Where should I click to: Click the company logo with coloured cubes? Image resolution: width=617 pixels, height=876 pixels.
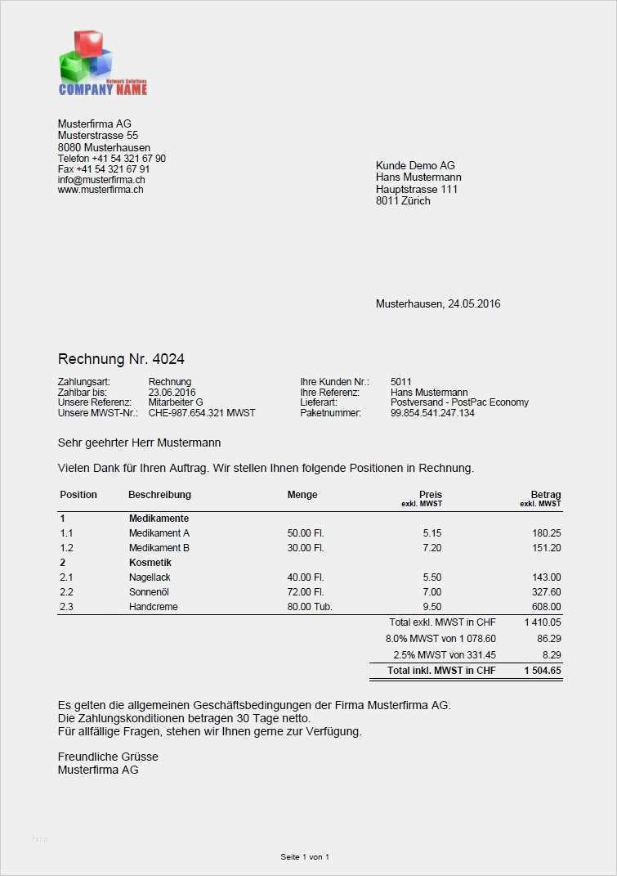point(102,63)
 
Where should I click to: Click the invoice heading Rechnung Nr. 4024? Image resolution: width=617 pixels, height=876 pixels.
point(115,359)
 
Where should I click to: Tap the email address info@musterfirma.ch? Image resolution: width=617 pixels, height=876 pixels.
point(101,179)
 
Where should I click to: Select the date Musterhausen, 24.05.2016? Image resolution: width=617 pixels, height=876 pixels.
point(438,303)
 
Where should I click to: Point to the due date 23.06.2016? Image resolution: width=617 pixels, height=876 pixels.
point(172,393)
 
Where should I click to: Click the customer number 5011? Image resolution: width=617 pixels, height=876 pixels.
point(401,382)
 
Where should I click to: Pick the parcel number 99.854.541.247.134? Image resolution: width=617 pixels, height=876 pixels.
point(432,413)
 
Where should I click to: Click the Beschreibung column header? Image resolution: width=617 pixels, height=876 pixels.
point(159,495)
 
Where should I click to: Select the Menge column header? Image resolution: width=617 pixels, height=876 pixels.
point(302,495)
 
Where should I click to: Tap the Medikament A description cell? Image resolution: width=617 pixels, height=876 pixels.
point(159,533)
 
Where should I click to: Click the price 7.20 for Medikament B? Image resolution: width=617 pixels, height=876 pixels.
point(431,548)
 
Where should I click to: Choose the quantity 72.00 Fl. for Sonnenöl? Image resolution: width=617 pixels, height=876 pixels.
point(306,592)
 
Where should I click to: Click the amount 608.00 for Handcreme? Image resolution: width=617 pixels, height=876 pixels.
point(546,607)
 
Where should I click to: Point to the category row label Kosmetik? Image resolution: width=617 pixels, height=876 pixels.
point(150,563)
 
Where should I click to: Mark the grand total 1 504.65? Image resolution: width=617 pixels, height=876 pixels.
point(543,671)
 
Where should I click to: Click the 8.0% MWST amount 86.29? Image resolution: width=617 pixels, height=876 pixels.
point(548,638)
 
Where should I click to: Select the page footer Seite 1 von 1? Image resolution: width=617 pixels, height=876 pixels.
point(305,857)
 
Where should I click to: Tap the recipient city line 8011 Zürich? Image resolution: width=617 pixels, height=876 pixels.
point(403,201)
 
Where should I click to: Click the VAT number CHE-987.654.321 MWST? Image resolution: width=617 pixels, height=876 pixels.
point(202,413)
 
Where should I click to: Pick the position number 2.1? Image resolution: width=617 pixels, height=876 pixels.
point(67,577)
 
